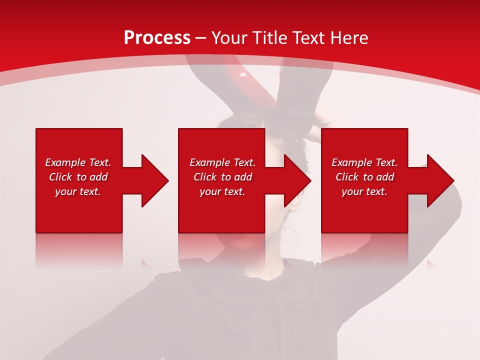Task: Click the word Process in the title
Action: point(157,38)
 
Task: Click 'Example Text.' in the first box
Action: point(78,162)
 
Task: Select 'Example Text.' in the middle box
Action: point(222,162)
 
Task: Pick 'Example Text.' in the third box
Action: point(364,162)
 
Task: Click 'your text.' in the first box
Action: point(78,191)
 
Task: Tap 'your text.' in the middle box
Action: point(222,191)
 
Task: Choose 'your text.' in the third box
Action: point(364,191)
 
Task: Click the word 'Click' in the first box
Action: point(60,177)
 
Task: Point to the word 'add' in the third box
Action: point(385,177)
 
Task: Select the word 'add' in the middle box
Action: point(243,177)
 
